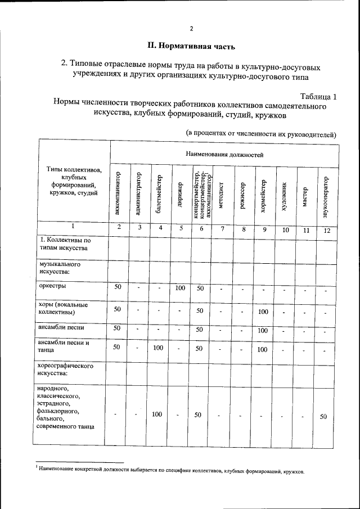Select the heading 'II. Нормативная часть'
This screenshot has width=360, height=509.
click(187, 45)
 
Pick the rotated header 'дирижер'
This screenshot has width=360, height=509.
click(180, 194)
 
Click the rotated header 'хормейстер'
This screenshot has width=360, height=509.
click(264, 194)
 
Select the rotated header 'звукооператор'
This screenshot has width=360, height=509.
click(326, 194)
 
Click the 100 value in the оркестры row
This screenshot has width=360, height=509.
click(180, 288)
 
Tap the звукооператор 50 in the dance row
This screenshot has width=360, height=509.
click(323, 416)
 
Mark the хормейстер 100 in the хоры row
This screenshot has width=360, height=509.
click(263, 311)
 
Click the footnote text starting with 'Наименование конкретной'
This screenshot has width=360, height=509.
click(171, 471)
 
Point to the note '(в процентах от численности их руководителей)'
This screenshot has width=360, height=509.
click(261, 134)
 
